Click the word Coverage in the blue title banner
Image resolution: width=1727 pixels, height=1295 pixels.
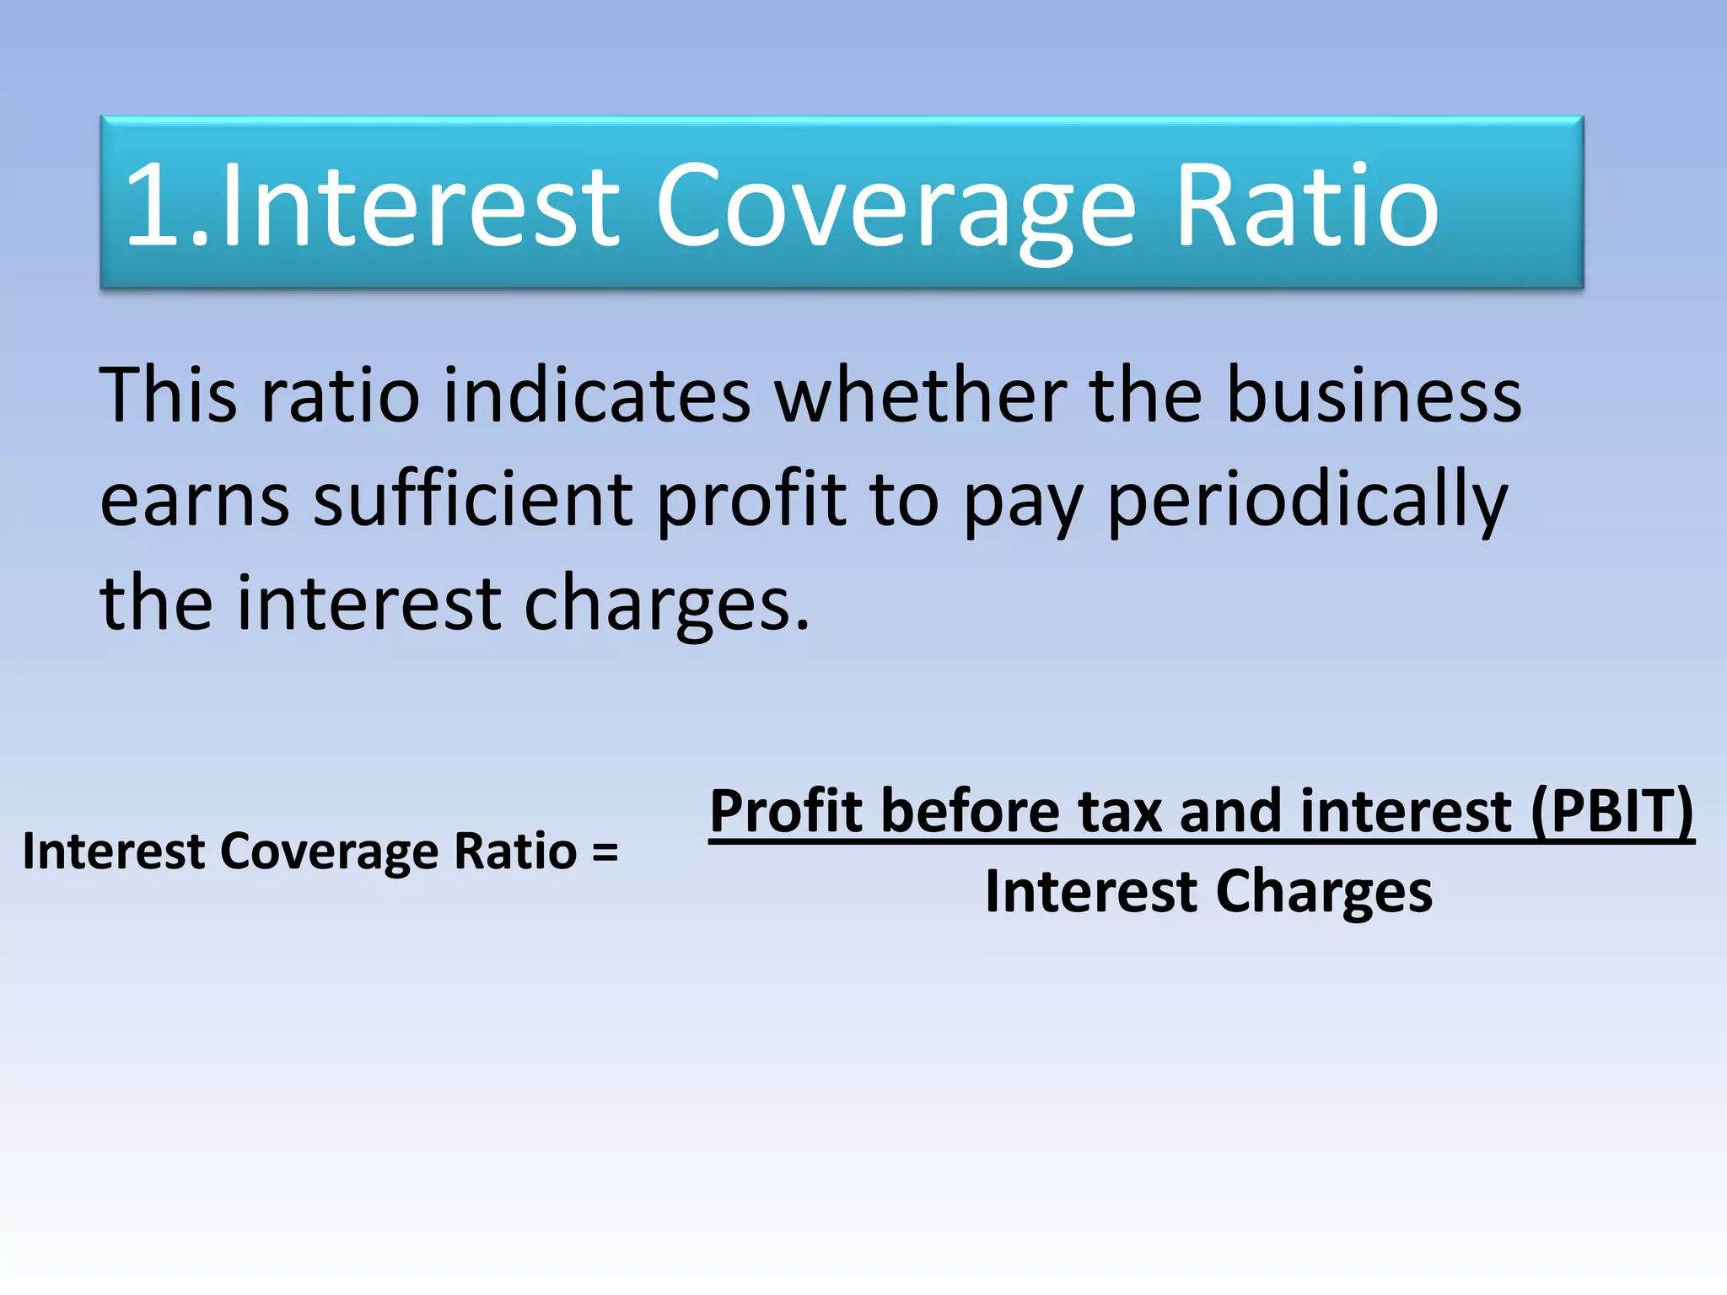[x=896, y=207]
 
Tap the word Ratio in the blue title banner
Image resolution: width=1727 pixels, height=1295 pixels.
[x=1305, y=206]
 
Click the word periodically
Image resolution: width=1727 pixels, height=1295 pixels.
[x=1306, y=500]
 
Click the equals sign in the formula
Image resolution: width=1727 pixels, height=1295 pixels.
[x=605, y=852]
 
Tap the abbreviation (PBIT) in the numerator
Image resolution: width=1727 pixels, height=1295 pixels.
[x=1611, y=811]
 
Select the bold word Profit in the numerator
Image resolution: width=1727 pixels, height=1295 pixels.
[x=788, y=811]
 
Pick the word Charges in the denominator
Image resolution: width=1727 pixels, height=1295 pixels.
[x=1323, y=892]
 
